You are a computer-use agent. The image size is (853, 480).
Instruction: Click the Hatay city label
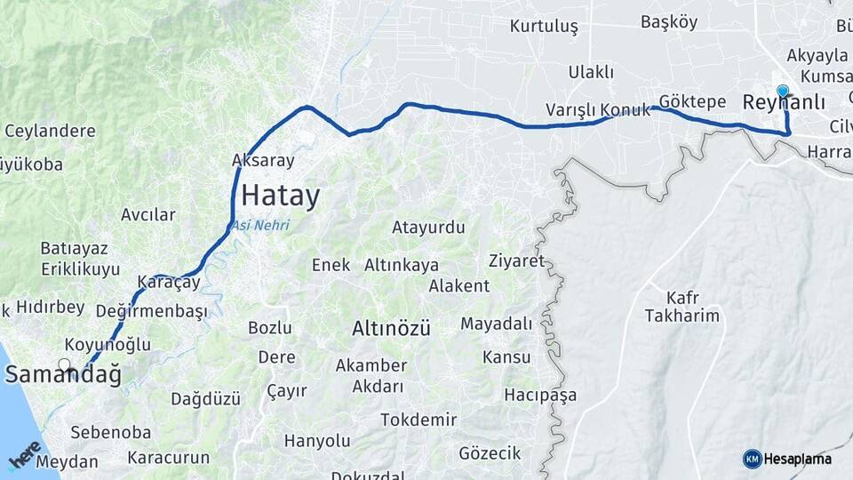click(x=280, y=196)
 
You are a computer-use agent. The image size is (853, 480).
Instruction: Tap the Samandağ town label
click(x=63, y=375)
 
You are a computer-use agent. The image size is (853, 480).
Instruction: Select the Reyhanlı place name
click(x=783, y=104)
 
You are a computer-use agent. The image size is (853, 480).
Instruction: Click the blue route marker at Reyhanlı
click(x=783, y=90)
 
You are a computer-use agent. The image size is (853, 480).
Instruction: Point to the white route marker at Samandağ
click(x=64, y=364)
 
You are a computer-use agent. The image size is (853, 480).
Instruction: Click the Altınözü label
click(x=391, y=328)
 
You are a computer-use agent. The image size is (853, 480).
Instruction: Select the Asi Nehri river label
click(x=260, y=226)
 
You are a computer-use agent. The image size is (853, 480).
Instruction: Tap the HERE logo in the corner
click(x=25, y=454)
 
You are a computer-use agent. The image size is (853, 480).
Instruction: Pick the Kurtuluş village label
click(x=544, y=27)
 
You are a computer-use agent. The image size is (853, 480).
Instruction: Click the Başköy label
click(x=669, y=22)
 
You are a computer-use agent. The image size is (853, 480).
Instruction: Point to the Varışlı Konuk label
click(x=593, y=110)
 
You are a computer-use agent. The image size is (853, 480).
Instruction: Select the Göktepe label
click(x=693, y=101)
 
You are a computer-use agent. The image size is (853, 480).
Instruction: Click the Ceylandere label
click(x=50, y=132)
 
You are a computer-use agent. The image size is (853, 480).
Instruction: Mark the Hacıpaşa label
click(x=540, y=394)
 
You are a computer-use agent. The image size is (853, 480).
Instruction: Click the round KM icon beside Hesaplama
click(x=752, y=459)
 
